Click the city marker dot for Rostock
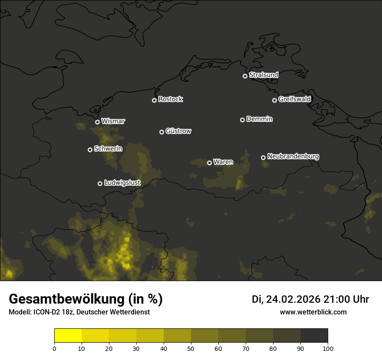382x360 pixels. [x=154, y=100]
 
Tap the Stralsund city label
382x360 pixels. [x=263, y=75]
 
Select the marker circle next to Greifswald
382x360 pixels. [x=274, y=100]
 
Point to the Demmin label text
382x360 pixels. [x=259, y=119]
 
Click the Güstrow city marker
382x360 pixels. [x=161, y=132]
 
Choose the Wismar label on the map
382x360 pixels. [x=113, y=121]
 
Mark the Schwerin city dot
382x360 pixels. [x=90, y=150]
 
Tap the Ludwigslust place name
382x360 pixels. [x=122, y=183]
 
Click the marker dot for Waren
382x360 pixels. [x=209, y=163]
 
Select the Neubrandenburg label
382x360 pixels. [x=293, y=156]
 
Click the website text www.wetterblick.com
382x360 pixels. [x=313, y=312]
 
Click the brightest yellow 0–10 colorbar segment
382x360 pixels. [x=68, y=336]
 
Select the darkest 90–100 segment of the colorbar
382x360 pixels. [x=314, y=336]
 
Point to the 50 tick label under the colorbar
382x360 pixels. [x=191, y=348]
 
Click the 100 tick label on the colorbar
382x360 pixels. [x=328, y=348]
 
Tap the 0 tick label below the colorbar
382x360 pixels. [x=54, y=348]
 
